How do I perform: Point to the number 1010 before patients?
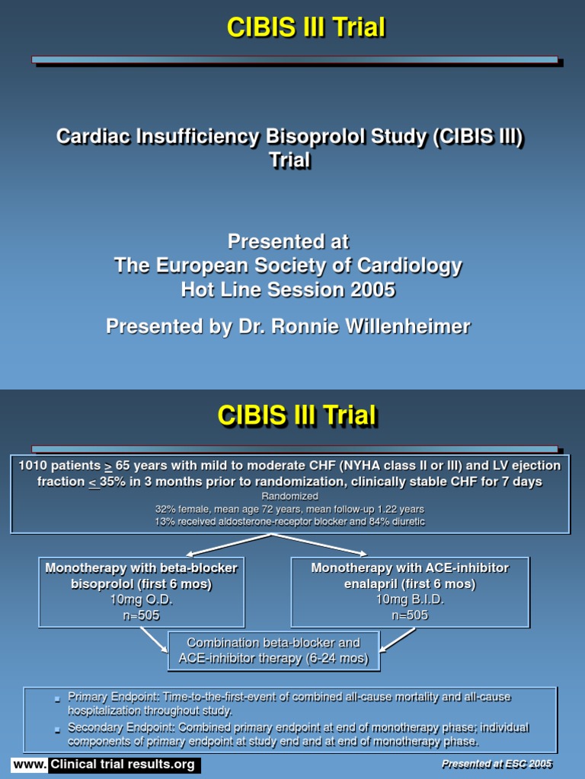(x=34, y=466)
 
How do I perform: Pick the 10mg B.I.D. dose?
(x=410, y=599)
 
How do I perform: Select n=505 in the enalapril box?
(x=410, y=615)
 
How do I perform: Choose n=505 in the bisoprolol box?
(x=141, y=615)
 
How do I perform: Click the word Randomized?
(x=289, y=496)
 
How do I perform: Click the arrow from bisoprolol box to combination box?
(x=153, y=640)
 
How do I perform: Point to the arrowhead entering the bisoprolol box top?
(x=190, y=553)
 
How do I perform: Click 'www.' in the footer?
(x=29, y=765)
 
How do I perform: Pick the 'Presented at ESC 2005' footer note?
(x=497, y=764)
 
